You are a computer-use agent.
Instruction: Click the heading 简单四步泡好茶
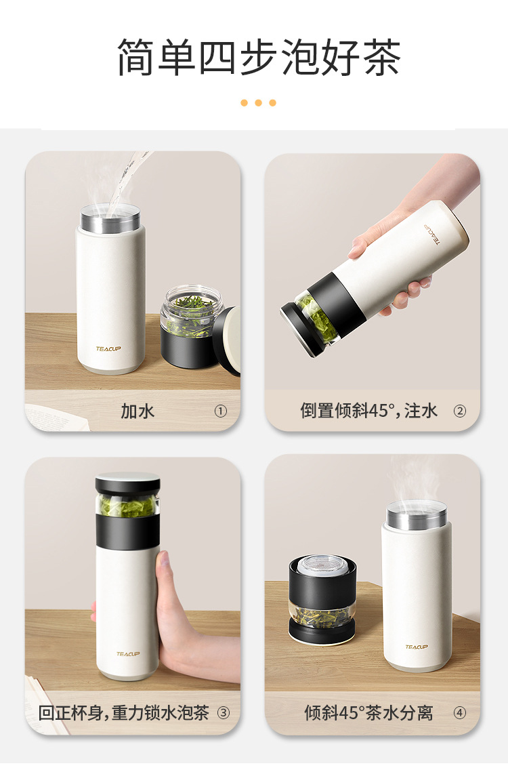(x=259, y=57)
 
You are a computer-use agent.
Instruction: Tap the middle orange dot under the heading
(x=258, y=102)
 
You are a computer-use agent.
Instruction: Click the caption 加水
(x=137, y=411)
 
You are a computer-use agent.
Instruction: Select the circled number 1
(x=220, y=411)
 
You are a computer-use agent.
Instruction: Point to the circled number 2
(x=459, y=411)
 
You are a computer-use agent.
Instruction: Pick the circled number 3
(x=224, y=712)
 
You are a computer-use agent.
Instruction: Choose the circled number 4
(x=459, y=712)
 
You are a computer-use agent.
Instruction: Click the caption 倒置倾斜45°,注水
(x=368, y=411)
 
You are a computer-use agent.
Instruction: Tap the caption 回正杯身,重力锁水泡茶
(x=124, y=712)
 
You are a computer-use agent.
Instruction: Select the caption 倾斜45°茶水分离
(x=368, y=712)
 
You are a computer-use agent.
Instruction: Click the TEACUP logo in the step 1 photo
(x=108, y=349)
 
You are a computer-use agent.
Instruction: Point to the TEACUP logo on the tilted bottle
(x=432, y=234)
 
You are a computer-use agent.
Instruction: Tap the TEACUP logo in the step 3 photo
(x=127, y=654)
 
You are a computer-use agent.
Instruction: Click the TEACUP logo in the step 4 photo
(x=416, y=647)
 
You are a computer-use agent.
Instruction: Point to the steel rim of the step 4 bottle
(x=416, y=514)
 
